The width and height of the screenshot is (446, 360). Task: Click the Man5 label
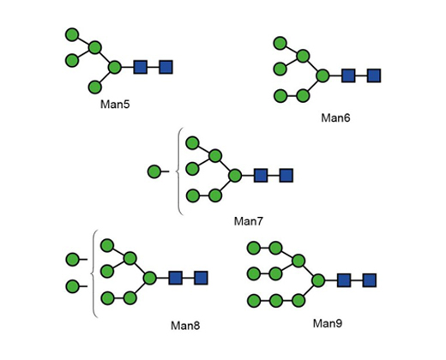coord(115,105)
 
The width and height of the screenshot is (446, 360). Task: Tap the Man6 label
coord(335,117)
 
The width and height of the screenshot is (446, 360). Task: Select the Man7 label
coord(248,221)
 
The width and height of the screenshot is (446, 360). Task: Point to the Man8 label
coord(185,326)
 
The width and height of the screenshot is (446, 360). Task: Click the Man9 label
coord(328,323)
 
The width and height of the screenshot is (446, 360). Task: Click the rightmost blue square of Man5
coord(166,67)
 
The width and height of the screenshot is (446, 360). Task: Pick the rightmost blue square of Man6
coord(374,75)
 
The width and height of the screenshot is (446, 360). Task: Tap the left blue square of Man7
coord(261,175)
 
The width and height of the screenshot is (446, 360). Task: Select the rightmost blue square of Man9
coord(369,280)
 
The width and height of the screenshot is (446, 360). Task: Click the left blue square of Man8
coord(175,278)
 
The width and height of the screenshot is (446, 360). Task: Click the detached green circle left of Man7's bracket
coord(154,171)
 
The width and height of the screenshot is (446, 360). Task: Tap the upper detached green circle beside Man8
coord(72,260)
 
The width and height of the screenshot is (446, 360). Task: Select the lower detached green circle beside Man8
coord(72,286)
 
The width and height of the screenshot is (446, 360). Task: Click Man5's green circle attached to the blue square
coord(115,67)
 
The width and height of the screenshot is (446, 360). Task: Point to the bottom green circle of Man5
coord(95,87)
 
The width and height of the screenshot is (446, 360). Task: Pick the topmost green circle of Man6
coord(280,43)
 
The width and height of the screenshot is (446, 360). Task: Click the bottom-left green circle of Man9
coord(254,301)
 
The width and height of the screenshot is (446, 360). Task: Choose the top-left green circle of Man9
coord(254,248)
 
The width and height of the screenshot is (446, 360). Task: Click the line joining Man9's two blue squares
coord(357,280)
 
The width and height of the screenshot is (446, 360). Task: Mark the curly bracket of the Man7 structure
coord(178,171)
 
